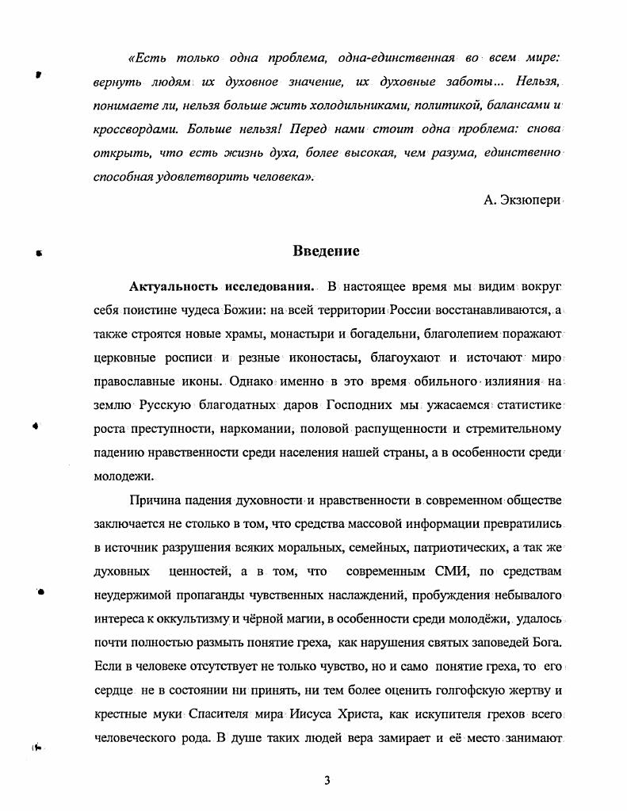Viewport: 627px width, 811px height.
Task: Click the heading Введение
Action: [x=326, y=251]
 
